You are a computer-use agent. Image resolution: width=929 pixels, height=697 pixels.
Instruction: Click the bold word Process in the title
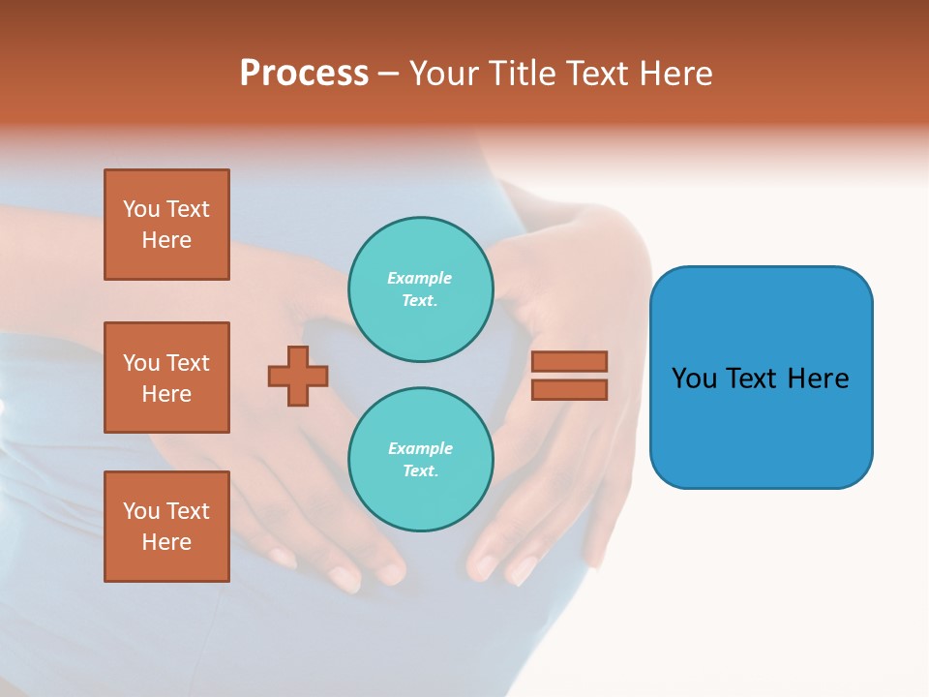(x=304, y=74)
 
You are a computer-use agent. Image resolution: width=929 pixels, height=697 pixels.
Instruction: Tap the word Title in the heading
(x=521, y=74)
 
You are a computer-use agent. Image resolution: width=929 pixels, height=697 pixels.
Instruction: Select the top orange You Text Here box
(x=166, y=225)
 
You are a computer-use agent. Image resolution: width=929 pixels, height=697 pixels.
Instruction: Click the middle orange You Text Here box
(x=166, y=378)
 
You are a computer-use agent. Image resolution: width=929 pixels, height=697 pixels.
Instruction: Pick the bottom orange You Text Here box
(x=166, y=527)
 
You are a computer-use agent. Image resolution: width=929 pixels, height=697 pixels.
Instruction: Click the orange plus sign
(x=298, y=376)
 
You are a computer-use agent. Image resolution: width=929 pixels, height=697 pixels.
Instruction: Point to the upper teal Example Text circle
(x=420, y=289)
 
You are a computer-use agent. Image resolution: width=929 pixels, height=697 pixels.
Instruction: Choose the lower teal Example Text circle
(x=420, y=460)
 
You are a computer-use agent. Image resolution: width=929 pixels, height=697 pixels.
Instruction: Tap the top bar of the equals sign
(x=569, y=362)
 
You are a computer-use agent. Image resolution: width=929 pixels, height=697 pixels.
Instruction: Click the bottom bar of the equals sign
(x=569, y=390)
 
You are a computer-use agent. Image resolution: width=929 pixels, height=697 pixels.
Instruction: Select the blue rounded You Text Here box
(x=761, y=378)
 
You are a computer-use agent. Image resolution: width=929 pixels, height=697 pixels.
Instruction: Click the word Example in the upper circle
(x=420, y=279)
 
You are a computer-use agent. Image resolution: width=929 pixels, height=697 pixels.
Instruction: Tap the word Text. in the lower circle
(x=420, y=471)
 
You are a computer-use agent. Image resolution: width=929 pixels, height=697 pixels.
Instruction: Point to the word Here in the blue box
(x=818, y=379)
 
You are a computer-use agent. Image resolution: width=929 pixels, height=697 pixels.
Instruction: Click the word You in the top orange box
(x=141, y=210)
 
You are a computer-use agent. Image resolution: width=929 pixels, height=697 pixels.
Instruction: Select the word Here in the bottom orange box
(x=166, y=542)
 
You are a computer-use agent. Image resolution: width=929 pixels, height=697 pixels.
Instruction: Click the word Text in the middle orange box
(x=188, y=363)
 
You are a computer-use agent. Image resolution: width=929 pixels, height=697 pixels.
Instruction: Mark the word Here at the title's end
(x=676, y=74)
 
